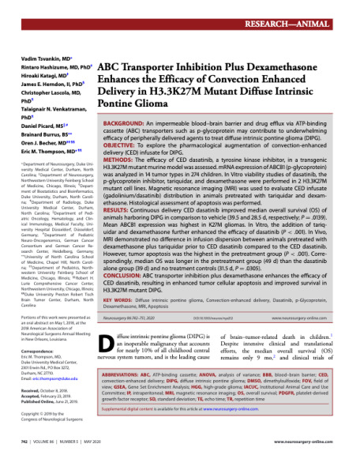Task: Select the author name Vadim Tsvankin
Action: click(37, 58)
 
